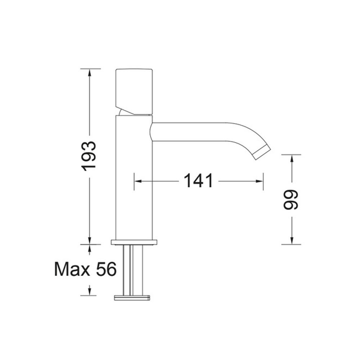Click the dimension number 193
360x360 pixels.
[89, 156]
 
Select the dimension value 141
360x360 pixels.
[198, 181]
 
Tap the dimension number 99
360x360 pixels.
[291, 200]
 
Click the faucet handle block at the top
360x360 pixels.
[134, 91]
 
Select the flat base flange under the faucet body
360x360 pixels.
[134, 242]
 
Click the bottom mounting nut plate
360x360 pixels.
[132, 297]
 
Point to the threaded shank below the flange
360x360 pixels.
[133, 270]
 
